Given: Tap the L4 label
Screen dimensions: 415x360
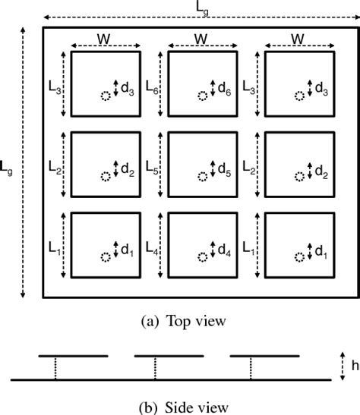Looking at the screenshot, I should coord(150,247).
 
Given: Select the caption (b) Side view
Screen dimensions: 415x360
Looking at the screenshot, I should coord(179,406).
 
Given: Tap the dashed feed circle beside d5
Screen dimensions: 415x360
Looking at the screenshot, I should coord(201,176).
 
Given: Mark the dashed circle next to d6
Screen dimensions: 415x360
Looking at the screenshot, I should coord(201,96).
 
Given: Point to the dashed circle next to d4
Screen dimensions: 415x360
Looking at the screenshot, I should coord(201,256).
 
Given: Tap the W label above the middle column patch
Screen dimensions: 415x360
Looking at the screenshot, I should coord(201,38).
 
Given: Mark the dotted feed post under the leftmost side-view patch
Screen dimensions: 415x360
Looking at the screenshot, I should coord(55,366).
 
